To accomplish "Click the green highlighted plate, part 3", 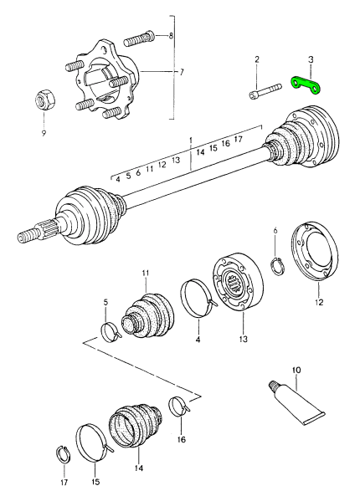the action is [307, 86].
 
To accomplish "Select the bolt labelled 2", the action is [265, 91].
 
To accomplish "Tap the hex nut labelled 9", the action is [44, 100].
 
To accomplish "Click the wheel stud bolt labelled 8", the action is [139, 38].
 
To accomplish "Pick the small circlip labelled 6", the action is [277, 265].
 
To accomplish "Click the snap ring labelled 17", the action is [64, 453].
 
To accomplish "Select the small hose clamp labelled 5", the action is [110, 332].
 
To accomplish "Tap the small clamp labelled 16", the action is [179, 407].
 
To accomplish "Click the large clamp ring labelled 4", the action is [197, 299].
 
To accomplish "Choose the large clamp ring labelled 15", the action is [93, 442].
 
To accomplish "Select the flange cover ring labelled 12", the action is [314, 252].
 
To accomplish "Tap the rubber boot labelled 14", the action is [135, 424].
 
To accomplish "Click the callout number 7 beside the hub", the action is [182, 73].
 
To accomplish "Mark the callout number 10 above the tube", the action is [296, 370].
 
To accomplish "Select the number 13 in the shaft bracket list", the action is [176, 161].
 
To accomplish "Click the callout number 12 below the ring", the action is [319, 302].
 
